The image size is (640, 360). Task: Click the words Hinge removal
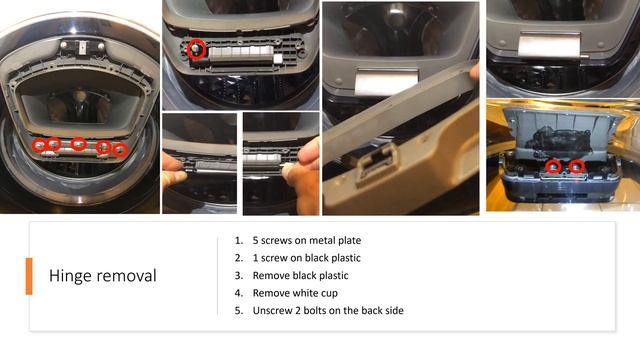(x=102, y=276)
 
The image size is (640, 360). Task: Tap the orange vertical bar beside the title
(x=29, y=276)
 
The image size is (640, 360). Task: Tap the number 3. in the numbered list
(x=239, y=276)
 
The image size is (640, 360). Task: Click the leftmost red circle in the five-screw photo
(x=39, y=145)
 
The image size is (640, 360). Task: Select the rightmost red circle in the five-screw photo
(x=120, y=150)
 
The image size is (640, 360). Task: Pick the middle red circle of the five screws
(x=78, y=144)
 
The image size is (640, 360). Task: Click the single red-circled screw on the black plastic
(x=196, y=49)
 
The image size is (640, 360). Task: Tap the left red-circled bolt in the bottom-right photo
(x=553, y=166)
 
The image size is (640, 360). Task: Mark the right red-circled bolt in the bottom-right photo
(x=576, y=166)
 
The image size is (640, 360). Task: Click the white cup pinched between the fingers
(x=289, y=169)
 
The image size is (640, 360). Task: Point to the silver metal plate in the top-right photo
(x=549, y=45)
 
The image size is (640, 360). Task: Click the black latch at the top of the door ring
(x=83, y=47)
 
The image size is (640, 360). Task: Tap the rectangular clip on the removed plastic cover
(x=375, y=164)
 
